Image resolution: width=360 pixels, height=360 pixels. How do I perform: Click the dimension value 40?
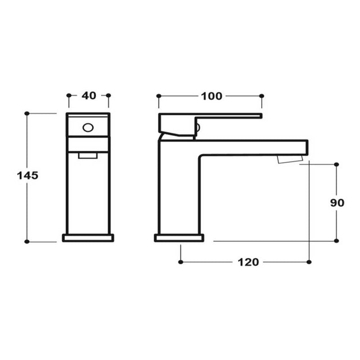click(89, 95)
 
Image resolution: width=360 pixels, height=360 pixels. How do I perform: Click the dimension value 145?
click(27, 175)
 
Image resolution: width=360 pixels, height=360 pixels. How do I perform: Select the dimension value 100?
click(211, 96)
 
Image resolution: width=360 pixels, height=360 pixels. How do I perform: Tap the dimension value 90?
click(337, 202)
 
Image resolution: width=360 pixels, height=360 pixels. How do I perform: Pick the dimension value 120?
click(248, 262)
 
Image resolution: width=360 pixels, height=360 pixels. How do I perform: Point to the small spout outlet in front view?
click(88, 156)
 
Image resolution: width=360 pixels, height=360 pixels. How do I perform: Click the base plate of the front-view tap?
click(88, 238)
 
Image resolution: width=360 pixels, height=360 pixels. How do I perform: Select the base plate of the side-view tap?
click(179, 238)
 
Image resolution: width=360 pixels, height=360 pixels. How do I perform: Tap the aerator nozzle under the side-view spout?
click(291, 159)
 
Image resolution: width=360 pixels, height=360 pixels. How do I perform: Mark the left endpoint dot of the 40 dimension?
click(69, 95)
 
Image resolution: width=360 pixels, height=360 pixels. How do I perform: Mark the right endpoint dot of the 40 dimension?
click(108, 95)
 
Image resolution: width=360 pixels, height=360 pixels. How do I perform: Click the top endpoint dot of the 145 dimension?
click(27, 113)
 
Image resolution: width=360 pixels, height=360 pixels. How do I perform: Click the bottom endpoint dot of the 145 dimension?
click(27, 242)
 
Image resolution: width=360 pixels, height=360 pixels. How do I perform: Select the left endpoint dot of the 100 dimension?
click(158, 96)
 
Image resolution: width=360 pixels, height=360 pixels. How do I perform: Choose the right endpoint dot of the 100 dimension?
click(262, 96)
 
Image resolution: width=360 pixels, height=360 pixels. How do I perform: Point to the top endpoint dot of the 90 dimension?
click(336, 165)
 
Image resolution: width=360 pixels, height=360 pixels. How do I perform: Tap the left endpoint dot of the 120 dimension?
click(180, 261)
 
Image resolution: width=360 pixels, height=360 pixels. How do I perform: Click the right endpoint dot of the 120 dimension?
click(309, 261)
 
